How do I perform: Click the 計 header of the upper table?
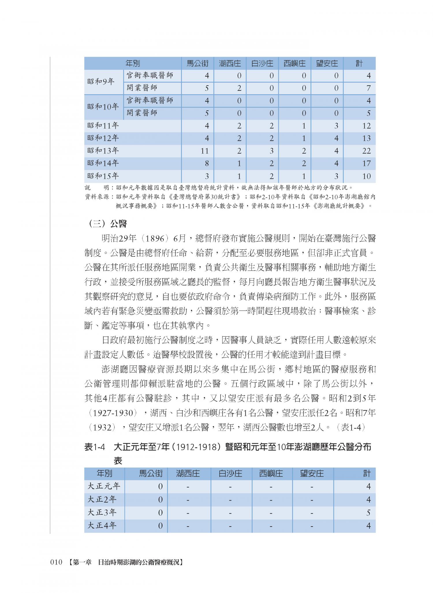[359, 63]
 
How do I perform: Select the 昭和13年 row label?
[103, 151]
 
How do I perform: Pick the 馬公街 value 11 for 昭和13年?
[204, 151]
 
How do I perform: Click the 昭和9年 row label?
[101, 82]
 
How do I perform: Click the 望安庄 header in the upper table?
[327, 63]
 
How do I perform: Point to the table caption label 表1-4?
[94, 447]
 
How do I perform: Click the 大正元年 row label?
[104, 486]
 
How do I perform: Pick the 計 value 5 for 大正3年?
[368, 513]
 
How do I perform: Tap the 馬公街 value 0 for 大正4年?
[160, 526]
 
